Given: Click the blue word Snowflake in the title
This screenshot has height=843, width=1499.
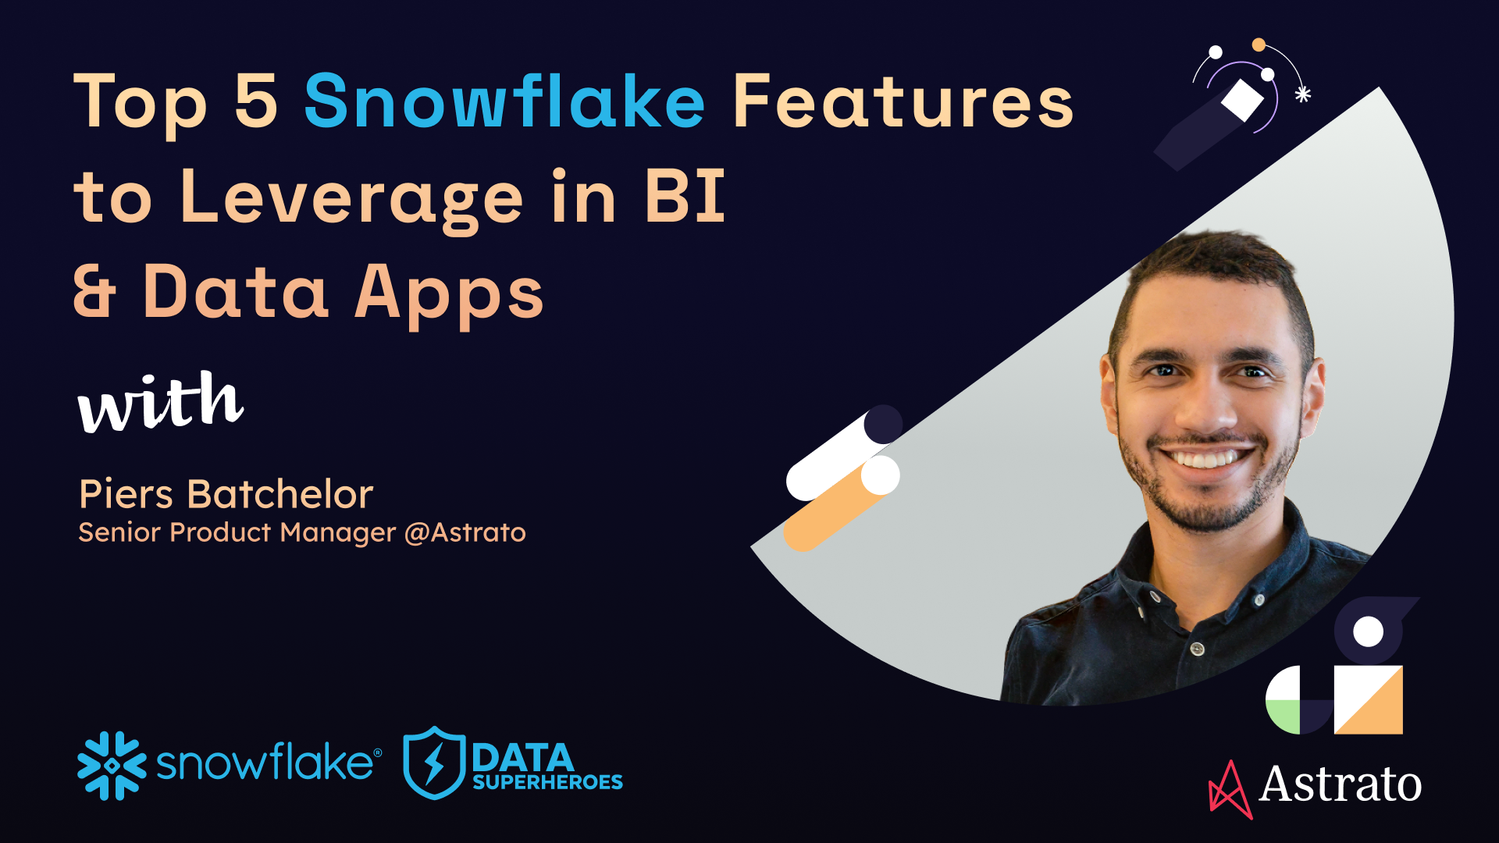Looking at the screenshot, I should (504, 101).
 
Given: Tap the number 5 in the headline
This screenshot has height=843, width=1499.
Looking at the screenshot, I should (256, 101).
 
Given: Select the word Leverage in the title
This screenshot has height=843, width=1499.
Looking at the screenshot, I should (351, 199).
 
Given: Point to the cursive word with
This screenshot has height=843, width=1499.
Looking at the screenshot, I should (160, 402).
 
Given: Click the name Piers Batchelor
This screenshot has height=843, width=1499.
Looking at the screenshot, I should (226, 494).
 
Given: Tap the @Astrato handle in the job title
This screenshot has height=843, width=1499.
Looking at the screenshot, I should (465, 532).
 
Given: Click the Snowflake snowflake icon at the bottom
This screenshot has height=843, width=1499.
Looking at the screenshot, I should (112, 766).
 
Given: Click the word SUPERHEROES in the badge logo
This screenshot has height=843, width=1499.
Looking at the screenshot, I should (547, 782).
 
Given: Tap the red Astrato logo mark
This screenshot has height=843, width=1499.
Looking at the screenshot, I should (1230, 790).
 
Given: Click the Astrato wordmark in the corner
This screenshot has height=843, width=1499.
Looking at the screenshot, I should (1340, 784).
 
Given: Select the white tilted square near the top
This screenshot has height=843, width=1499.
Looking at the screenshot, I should (1242, 99).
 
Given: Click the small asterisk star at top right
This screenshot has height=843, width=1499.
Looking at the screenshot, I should (1302, 94).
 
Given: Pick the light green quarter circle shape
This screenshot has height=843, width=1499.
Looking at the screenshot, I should (1283, 717).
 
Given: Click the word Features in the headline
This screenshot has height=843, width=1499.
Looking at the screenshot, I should (903, 101).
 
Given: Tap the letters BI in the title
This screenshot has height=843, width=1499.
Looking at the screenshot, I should (685, 197).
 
